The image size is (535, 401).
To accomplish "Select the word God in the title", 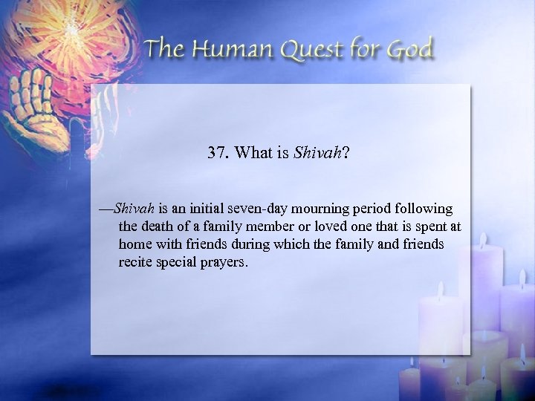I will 412,51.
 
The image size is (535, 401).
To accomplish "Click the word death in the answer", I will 156,226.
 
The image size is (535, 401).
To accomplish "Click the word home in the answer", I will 134,244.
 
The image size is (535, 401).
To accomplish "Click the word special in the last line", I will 177,262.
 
